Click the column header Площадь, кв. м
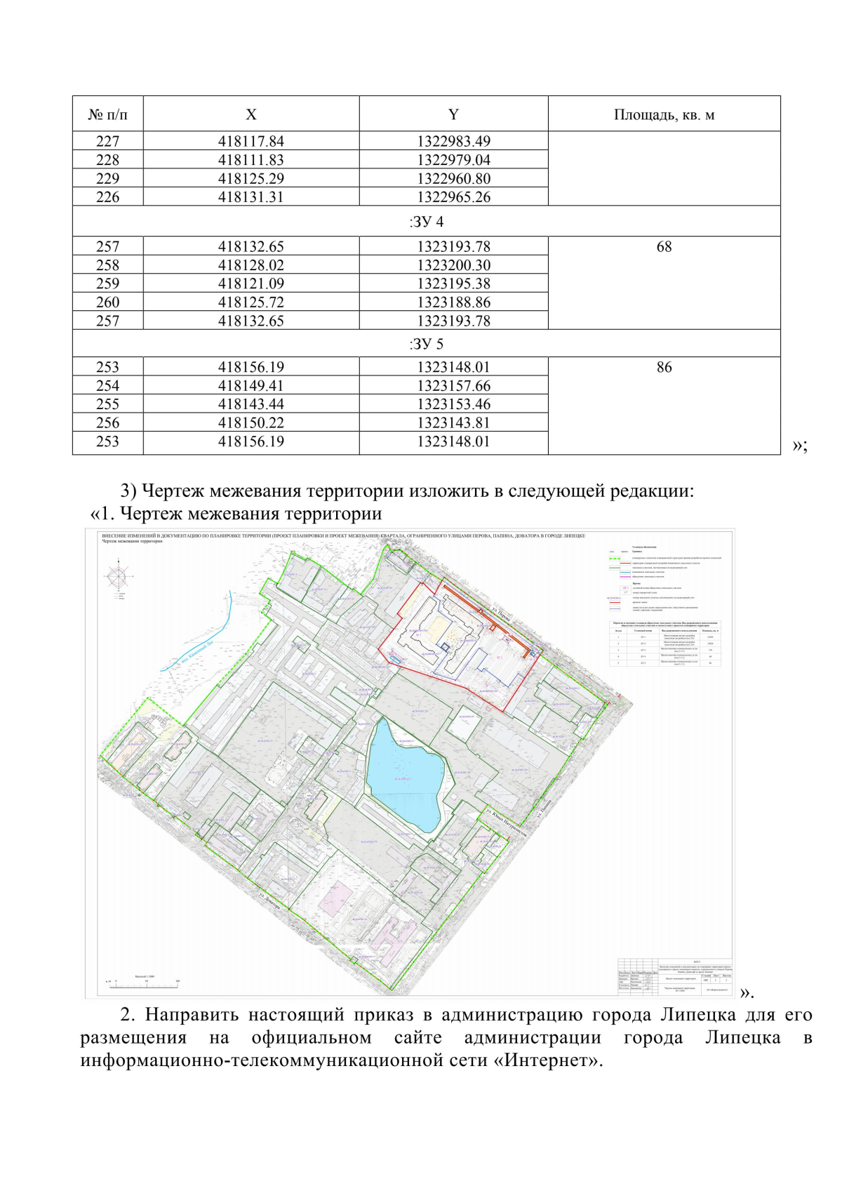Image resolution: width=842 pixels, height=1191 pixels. pos(664,114)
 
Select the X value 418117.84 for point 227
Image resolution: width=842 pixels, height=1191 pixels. pos(250,141)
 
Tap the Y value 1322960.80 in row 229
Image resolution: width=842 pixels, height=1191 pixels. pos(453,178)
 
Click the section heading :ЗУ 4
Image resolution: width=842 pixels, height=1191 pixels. pos(427,222)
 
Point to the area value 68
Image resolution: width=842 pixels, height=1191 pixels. pos(664,246)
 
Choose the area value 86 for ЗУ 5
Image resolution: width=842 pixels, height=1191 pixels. pos(664,367)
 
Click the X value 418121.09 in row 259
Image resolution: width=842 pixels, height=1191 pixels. pos(250,284)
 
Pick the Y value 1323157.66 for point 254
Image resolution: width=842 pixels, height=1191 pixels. pos(453,385)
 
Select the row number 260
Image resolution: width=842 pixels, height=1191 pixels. pos(107,302)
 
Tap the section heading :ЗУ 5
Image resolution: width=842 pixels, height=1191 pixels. pos(427,344)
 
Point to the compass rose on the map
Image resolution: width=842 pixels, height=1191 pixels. pos(119,578)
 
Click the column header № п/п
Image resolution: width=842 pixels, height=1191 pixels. pos(107,114)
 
